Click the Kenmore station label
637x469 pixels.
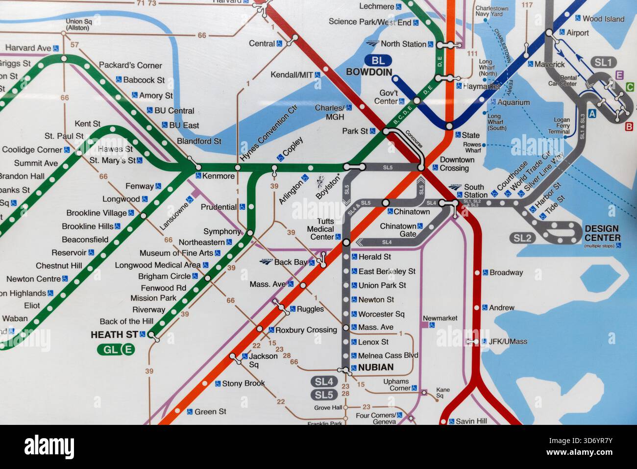[219, 176]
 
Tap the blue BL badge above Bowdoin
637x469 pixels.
[378, 61]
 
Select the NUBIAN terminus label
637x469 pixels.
[376, 367]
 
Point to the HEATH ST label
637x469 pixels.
[114, 335]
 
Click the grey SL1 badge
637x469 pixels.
[603, 62]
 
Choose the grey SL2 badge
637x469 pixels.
[522, 238]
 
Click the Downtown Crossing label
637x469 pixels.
[457, 164]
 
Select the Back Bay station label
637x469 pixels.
[291, 262]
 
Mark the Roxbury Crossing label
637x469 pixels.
[306, 330]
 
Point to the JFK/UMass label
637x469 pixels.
[508, 341]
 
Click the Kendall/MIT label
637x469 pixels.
[292, 75]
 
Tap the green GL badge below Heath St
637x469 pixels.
[110, 349]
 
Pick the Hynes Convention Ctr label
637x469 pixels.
[269, 133]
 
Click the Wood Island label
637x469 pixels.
[603, 19]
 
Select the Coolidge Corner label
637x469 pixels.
[32, 149]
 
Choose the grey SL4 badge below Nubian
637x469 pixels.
[324, 381]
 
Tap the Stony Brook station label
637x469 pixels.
[243, 383]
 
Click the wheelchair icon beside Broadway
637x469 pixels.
[485, 272]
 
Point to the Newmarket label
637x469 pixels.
[440, 318]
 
